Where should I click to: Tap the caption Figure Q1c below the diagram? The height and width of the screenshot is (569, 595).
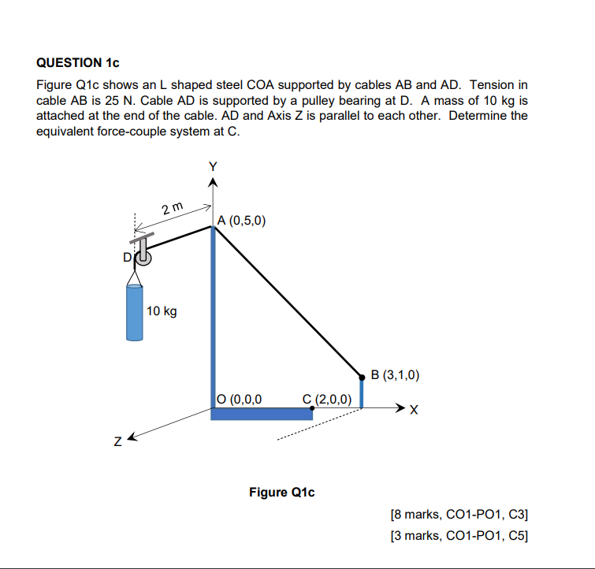click(281, 493)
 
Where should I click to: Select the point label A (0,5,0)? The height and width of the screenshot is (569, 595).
click(243, 221)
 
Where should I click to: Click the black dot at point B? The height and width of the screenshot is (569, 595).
click(362, 377)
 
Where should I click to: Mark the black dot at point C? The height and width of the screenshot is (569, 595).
click(313, 408)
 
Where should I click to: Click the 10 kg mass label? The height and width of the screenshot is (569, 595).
click(162, 311)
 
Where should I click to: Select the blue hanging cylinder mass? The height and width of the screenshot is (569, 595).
click(136, 311)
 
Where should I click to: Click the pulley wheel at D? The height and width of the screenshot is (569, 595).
click(143, 256)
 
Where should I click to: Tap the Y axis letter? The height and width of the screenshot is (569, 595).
click(211, 166)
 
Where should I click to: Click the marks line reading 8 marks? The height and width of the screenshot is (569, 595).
click(459, 515)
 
